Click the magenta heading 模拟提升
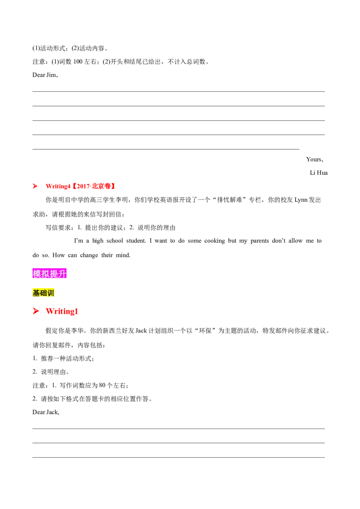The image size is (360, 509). (50, 273)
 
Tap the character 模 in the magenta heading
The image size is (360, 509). (37, 273)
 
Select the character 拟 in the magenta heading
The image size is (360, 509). (45, 273)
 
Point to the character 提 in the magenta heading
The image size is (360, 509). (54, 273)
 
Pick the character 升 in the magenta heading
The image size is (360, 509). (63, 273)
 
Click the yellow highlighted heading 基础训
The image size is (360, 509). (44, 293)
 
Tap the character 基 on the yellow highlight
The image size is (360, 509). (36, 293)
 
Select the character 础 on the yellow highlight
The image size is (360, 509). (43, 293)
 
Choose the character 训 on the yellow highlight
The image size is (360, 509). (50, 293)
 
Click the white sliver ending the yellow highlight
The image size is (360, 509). (56, 293)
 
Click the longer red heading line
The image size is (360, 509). (73, 186)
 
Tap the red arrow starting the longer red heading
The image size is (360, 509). (34, 186)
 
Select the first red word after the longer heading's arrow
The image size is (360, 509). (58, 186)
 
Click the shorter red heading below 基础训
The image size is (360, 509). (55, 311)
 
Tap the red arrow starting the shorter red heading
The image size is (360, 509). (35, 311)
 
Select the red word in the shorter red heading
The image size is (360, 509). (62, 311)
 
